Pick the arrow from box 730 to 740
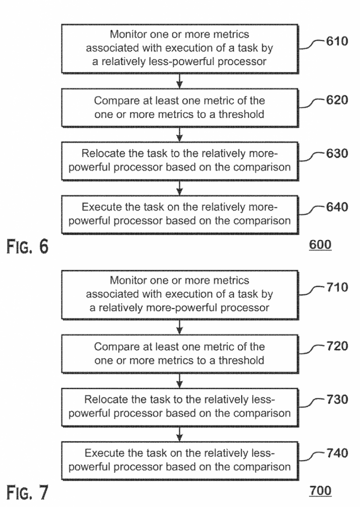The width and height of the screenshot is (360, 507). click(180, 432)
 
